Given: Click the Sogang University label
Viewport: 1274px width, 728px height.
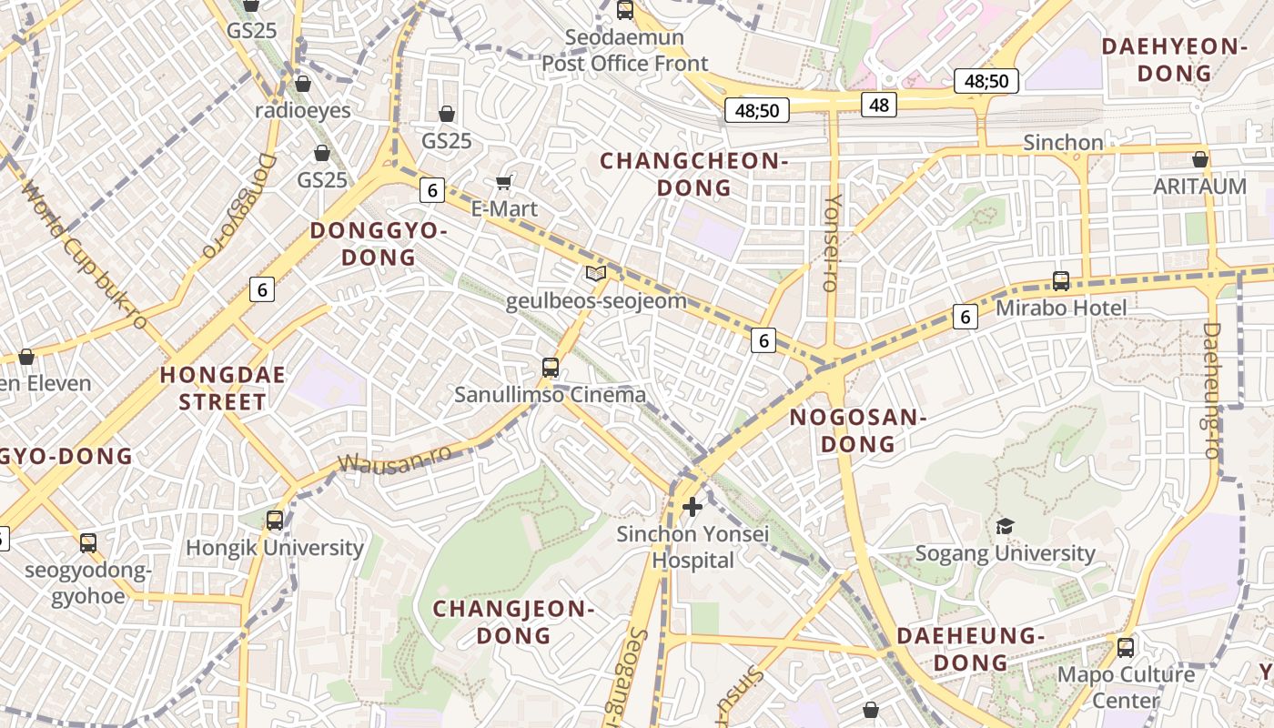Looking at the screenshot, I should click(x=1005, y=553).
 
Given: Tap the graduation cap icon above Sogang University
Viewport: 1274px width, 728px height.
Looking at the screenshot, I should click(x=1005, y=526).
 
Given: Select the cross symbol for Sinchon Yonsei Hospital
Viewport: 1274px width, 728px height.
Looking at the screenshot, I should click(x=693, y=507).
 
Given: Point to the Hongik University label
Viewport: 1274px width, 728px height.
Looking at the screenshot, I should click(x=275, y=548).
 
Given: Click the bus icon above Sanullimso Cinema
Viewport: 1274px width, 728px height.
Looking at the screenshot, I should click(x=551, y=368).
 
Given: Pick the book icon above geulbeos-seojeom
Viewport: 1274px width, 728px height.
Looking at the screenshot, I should click(x=596, y=273).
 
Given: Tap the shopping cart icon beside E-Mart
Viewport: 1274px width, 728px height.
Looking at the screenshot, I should click(x=503, y=182).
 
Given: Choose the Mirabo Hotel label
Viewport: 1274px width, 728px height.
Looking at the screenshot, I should click(x=1061, y=308).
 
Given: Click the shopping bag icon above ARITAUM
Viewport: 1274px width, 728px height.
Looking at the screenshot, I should click(x=1200, y=159).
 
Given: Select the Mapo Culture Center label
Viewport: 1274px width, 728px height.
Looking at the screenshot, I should click(x=1127, y=687).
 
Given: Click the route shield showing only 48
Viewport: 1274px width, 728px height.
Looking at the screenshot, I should click(x=878, y=105).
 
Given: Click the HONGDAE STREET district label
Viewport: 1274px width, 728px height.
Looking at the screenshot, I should click(x=223, y=389).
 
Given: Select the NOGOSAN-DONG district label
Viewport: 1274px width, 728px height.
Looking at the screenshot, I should click(x=857, y=430).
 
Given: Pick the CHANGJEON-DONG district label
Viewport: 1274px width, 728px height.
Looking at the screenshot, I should click(x=514, y=622).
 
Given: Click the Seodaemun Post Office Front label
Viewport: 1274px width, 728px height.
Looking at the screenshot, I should click(x=624, y=51).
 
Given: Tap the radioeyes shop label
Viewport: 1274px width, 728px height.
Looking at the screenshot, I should click(x=303, y=111).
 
